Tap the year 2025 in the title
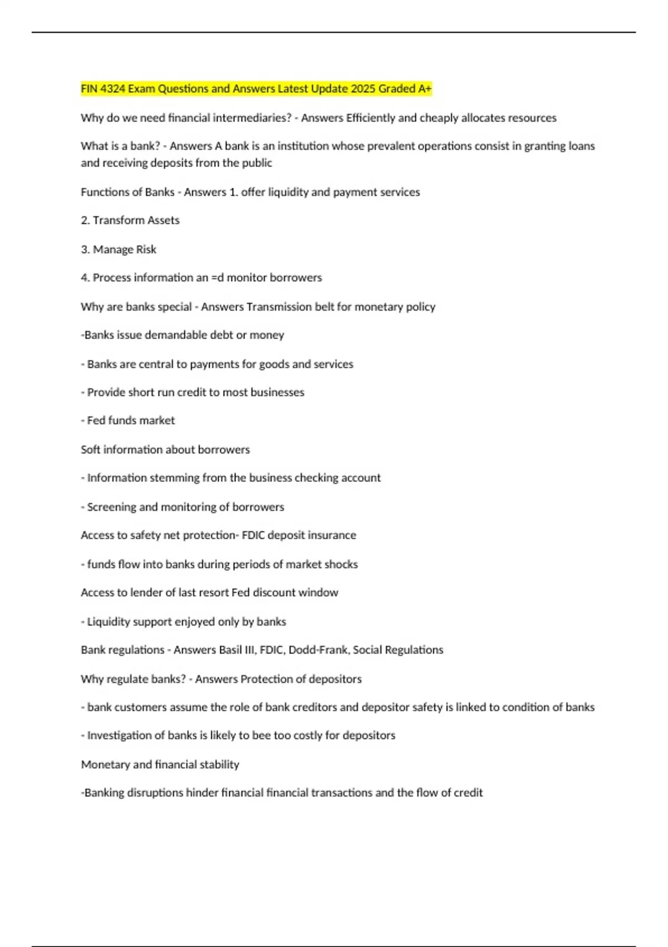(361, 89)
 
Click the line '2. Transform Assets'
(130, 220)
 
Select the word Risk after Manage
(146, 249)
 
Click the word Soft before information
(90, 449)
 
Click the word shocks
(342, 564)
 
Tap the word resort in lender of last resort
(212, 592)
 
